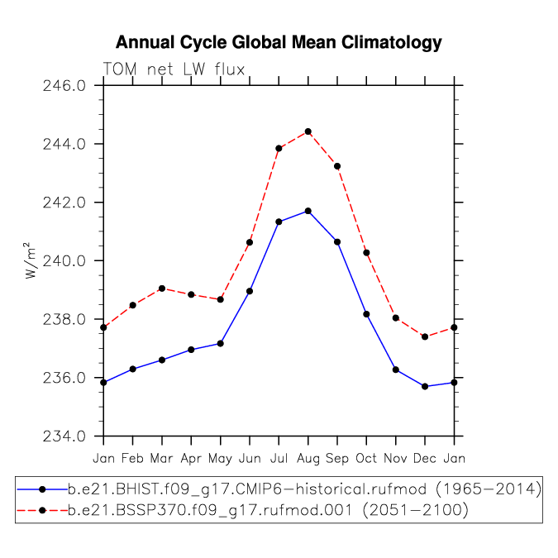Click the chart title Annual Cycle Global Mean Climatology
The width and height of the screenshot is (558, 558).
click(279, 43)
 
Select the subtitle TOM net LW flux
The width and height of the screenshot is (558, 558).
click(174, 69)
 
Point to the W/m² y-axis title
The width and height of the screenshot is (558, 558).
click(31, 260)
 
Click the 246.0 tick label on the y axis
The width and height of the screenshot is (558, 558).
click(64, 86)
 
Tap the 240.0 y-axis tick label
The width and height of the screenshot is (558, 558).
click(64, 261)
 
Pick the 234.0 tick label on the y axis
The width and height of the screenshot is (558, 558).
click(64, 436)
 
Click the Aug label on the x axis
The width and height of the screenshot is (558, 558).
click(308, 459)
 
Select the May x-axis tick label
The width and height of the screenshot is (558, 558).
click(220, 459)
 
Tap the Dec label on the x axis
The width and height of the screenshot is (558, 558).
click(425, 458)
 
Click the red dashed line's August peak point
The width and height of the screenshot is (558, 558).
click(308, 131)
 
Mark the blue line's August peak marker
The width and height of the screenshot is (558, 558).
click(308, 211)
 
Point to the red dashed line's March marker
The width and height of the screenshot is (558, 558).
click(162, 289)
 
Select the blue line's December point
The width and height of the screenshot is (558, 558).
click(425, 386)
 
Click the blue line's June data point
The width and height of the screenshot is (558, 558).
click(250, 291)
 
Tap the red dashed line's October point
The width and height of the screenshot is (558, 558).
click(366, 253)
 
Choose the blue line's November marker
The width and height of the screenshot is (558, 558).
click(396, 370)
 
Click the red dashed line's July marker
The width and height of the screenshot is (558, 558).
click(279, 149)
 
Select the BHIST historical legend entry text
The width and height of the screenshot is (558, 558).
click(304, 489)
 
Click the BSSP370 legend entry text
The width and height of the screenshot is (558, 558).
click(268, 511)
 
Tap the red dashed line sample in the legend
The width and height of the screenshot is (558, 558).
click(42, 511)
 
